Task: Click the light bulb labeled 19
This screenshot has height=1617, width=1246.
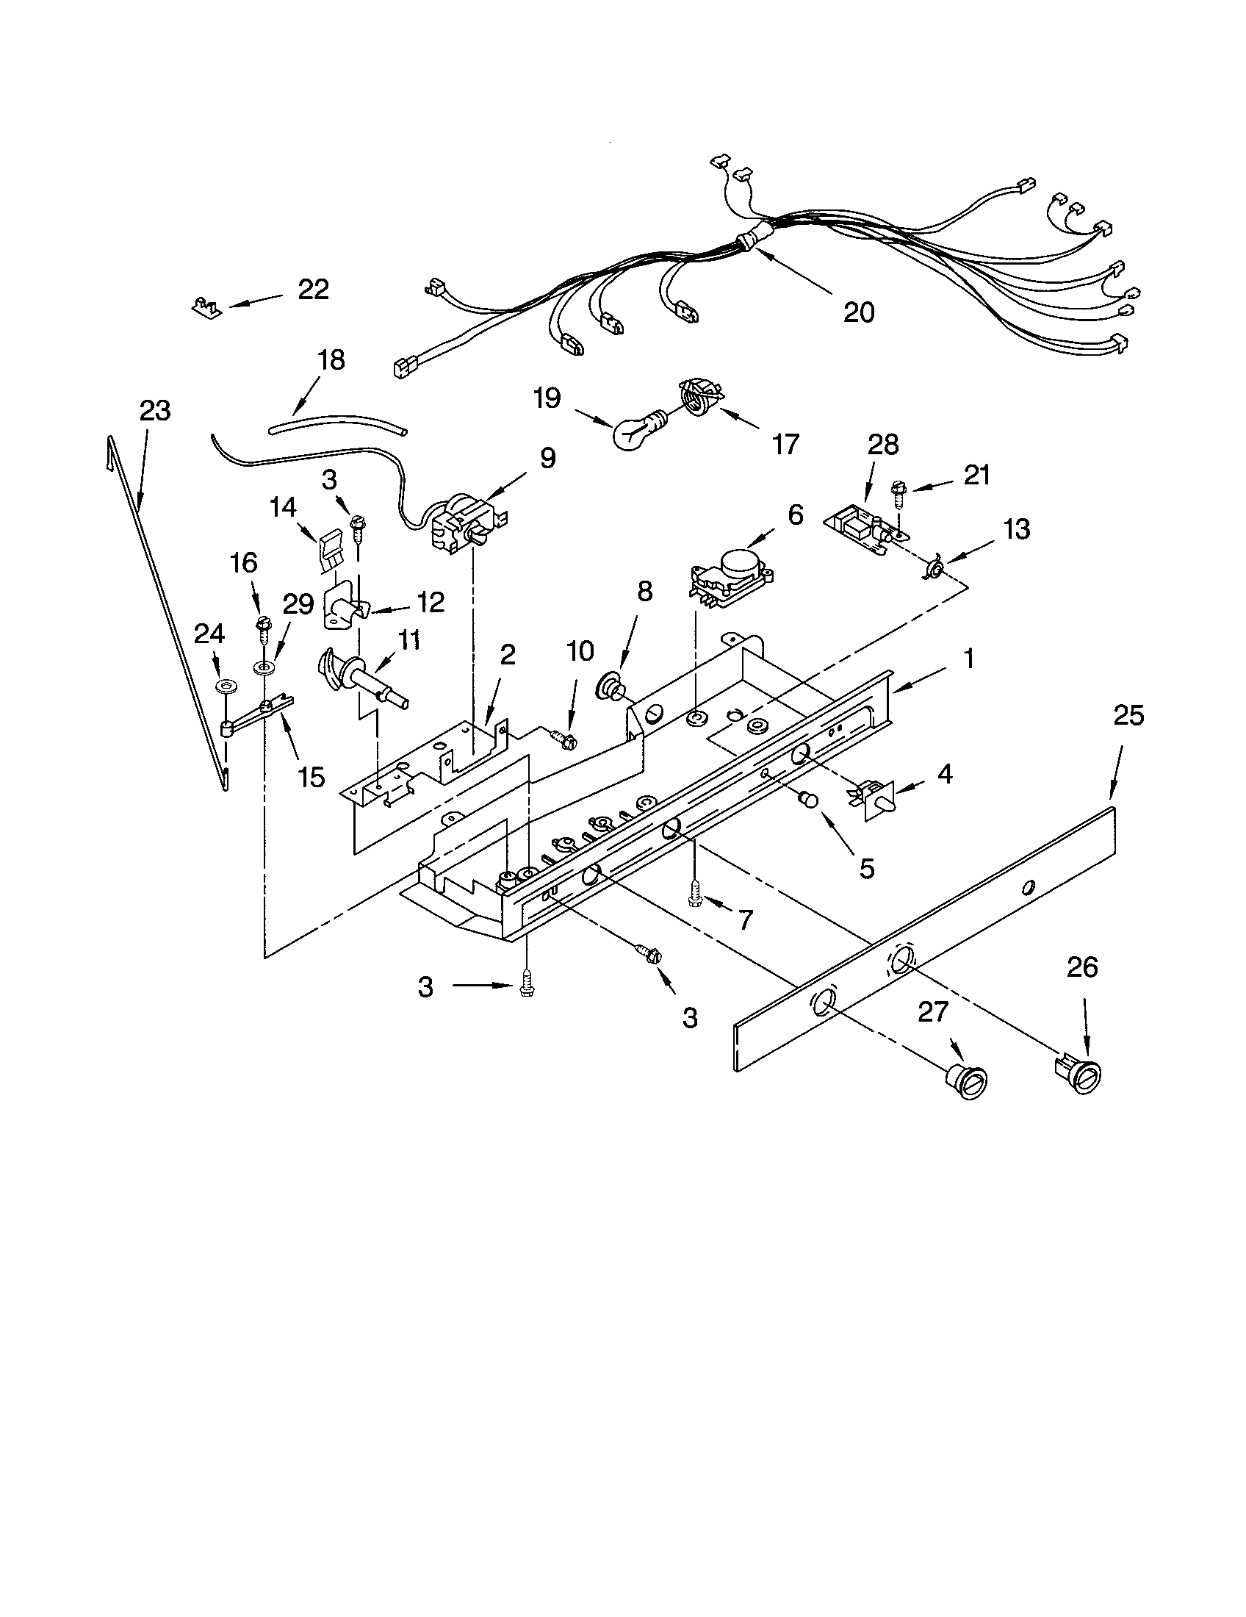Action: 635,433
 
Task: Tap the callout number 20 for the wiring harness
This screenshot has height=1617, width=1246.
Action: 858,312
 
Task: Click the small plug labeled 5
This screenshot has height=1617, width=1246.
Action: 808,800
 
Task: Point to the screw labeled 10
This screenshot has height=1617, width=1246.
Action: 565,737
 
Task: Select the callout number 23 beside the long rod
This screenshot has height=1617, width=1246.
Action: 154,410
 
